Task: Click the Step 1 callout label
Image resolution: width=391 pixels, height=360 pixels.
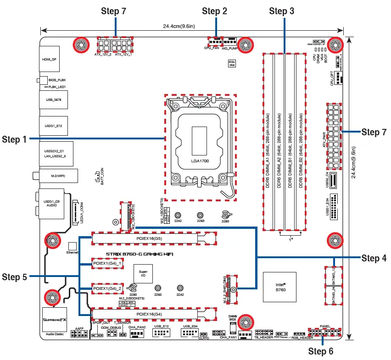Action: (14, 139)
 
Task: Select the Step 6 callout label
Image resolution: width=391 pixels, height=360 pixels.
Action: (321, 351)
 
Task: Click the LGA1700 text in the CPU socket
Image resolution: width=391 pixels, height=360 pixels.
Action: (200, 161)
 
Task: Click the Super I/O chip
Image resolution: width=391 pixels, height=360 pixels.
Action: (143, 274)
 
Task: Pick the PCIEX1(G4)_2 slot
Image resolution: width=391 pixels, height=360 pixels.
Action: (107, 288)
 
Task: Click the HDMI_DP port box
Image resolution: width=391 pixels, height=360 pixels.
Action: (50, 60)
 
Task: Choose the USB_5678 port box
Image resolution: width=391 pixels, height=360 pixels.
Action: (53, 99)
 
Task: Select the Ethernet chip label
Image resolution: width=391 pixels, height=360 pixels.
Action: (72, 253)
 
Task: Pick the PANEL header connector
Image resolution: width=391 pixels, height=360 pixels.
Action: (324, 332)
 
